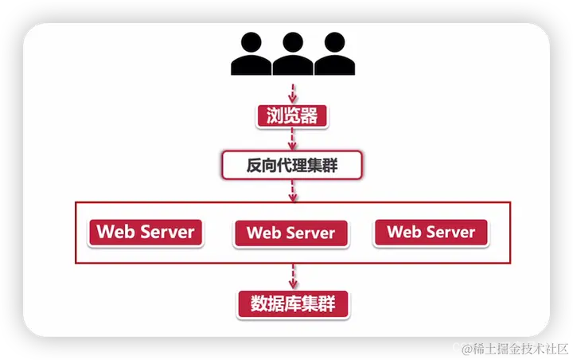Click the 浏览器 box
tap(292, 116)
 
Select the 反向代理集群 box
tap(292, 166)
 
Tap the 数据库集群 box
tap(293, 303)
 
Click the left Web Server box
tap(146, 232)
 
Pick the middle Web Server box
tap(291, 233)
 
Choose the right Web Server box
tap(431, 233)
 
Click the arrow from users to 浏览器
tap(292, 91)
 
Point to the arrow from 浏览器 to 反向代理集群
tap(292, 141)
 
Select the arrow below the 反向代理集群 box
tap(292, 191)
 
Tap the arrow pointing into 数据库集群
tap(292, 276)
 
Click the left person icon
tap(248, 53)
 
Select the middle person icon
tap(291, 53)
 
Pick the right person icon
tap(333, 53)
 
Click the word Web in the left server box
tap(116, 232)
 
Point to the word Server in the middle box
tap(309, 233)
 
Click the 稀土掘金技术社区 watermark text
tap(517, 348)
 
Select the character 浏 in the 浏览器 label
tap(269, 116)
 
